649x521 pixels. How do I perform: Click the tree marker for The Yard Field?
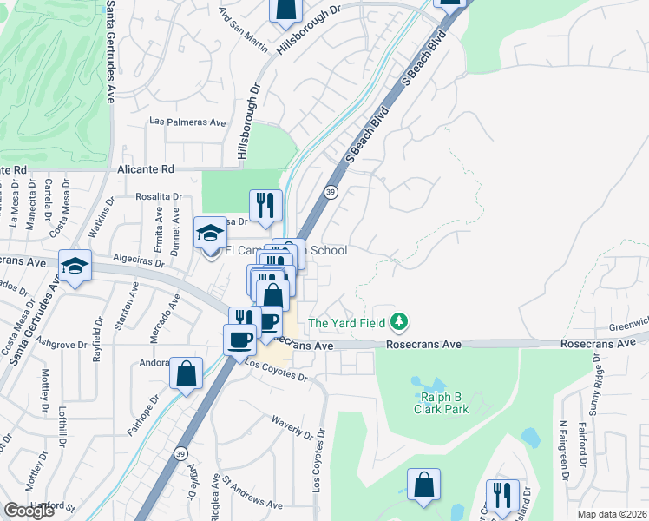(x=399, y=322)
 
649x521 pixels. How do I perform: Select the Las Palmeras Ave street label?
(x=187, y=122)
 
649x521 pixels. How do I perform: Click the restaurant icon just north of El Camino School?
(x=265, y=206)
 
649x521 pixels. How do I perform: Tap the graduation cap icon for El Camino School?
(x=209, y=233)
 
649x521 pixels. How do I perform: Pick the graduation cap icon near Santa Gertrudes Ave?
(x=75, y=266)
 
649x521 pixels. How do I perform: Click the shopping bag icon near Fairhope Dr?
(x=186, y=373)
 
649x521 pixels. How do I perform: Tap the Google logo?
(x=29, y=511)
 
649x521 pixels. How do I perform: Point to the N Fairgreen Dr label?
(x=563, y=450)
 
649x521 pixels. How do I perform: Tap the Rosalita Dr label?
(x=159, y=196)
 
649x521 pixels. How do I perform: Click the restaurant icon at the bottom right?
(x=501, y=496)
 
